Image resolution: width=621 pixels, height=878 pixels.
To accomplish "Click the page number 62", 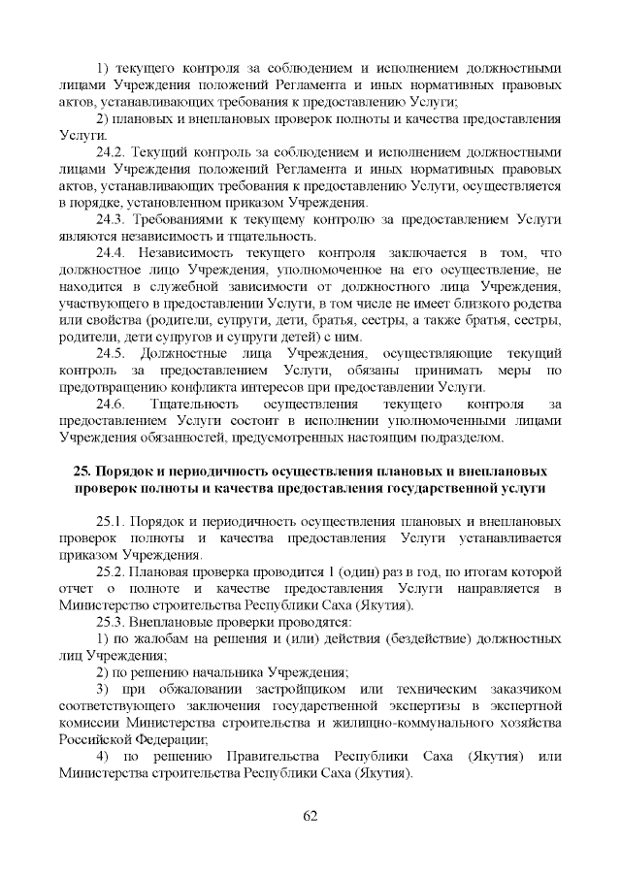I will [x=310, y=815].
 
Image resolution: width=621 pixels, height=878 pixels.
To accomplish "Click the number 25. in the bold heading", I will [x=84, y=472].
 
